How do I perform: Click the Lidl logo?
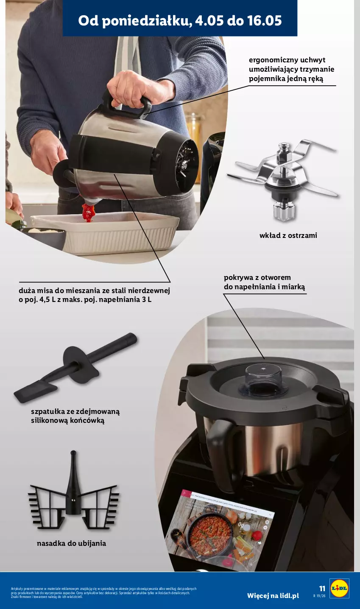[339, 588]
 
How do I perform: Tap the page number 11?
[322, 589]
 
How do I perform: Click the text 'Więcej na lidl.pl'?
[273, 595]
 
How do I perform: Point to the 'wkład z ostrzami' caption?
[288, 235]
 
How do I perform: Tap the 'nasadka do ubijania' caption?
[71, 543]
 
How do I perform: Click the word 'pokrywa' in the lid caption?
[239, 278]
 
